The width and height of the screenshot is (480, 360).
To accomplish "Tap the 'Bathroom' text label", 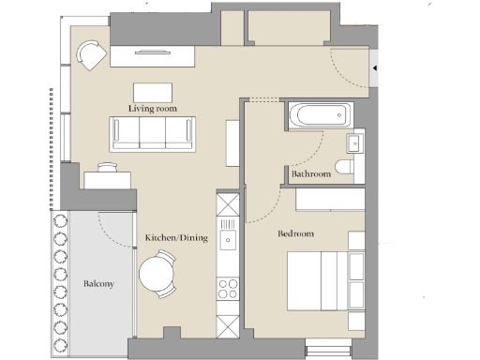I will point(310,174).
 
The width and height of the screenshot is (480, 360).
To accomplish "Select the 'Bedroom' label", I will point(296,233).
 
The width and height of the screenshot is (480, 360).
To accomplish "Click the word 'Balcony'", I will point(98,283).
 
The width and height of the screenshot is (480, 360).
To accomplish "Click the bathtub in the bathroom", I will point(320,117).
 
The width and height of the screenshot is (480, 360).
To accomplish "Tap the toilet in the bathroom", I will point(346,166).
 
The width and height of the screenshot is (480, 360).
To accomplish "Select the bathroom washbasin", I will point(354,142).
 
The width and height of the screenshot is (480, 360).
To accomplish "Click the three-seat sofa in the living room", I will point(152,133).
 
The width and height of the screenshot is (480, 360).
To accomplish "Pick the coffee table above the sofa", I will point(153,92).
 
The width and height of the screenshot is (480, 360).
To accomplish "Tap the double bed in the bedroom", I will point(323,278).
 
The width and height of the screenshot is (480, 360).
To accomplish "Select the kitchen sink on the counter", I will point(228,241).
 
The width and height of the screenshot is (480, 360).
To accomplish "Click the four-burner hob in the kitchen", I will point(228,288).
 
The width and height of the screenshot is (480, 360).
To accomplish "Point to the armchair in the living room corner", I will point(92,56).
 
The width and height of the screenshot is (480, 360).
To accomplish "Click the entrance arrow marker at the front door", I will point(374,68).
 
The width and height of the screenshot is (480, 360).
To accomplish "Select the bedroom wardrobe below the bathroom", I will point(329,199).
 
